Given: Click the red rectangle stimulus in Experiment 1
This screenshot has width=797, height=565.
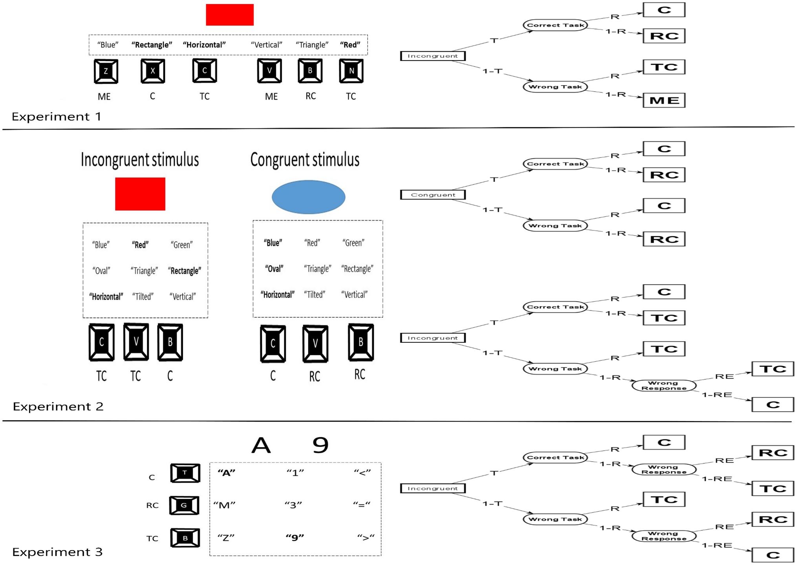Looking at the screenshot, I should [230, 15].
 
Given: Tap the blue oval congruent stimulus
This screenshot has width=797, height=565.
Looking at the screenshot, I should [308, 197].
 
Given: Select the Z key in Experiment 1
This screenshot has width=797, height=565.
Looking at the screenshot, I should [106, 71].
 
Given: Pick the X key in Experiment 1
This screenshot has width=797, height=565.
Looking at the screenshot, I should [153, 71].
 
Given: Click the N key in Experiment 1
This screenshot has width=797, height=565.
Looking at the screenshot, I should [351, 71].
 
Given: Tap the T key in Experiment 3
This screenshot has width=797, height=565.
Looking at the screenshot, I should [185, 473].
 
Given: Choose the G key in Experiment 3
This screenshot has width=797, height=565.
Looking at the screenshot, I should [184, 505].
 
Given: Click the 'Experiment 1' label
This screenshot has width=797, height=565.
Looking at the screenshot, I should [57, 117].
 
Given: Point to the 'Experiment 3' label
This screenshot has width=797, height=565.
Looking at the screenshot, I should [57, 552].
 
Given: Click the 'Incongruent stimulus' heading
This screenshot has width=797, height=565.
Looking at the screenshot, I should [140, 160].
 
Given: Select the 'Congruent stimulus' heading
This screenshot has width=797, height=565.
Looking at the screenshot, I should [305, 160].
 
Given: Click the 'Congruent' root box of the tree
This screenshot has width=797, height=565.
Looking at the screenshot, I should [433, 195].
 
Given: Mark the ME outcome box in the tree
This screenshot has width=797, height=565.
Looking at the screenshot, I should [664, 101].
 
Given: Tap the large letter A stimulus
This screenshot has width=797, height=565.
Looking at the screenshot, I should [261, 446].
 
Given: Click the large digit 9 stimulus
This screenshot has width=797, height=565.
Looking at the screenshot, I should [320, 446].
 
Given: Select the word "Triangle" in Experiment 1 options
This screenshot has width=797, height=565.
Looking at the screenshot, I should [312, 45].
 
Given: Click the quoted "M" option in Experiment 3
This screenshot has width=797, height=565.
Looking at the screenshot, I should [224, 505].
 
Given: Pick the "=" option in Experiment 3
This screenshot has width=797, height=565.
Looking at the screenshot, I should [362, 505].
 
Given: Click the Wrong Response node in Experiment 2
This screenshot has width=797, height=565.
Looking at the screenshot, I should [664, 386].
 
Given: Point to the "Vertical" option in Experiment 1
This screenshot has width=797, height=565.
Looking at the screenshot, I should [266, 45].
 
